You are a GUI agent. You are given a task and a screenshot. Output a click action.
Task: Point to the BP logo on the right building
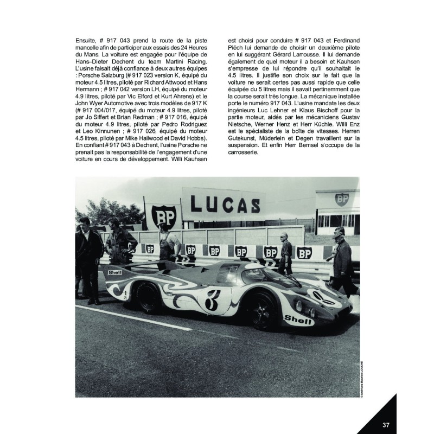click(x=343, y=199)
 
